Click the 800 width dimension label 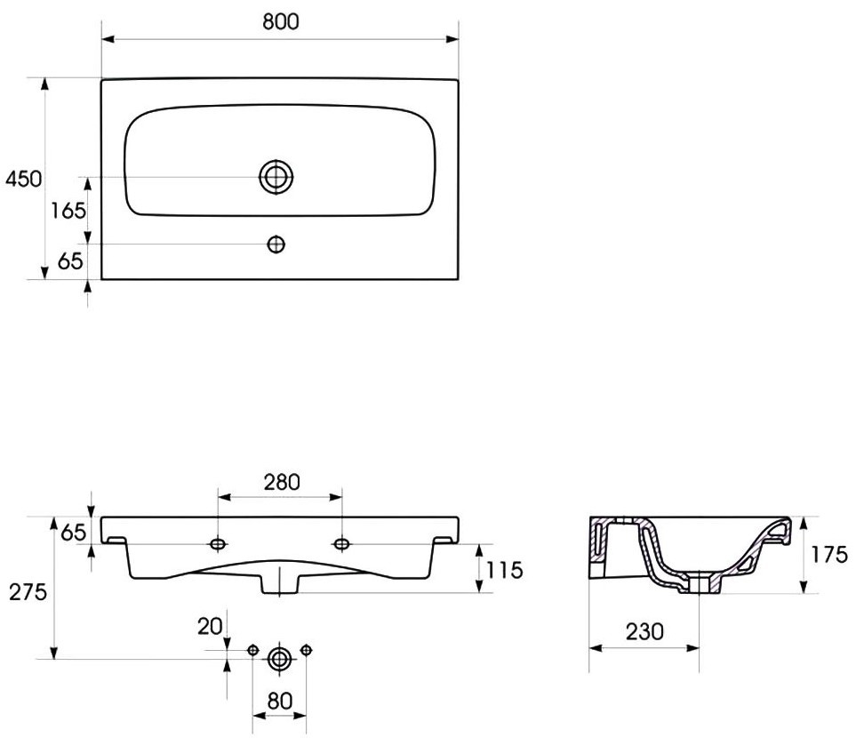(281, 21)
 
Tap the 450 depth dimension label (23, 179)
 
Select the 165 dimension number (68, 210)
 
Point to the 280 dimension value (282, 482)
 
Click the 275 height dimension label (28, 591)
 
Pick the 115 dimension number (504, 570)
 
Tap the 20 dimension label (210, 627)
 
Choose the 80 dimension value (279, 701)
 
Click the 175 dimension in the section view (828, 555)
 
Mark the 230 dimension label (644, 631)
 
